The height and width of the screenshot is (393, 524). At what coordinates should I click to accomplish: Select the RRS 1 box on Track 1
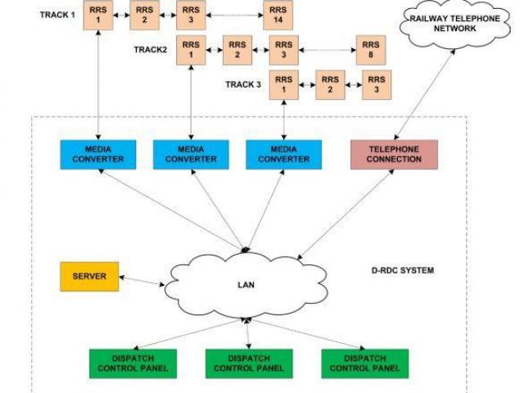[x=98, y=16]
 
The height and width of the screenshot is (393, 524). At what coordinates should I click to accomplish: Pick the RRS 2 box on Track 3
[x=330, y=84]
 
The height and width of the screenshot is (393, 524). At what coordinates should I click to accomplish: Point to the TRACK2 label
[x=150, y=49]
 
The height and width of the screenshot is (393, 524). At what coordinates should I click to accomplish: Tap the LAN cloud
[x=242, y=284]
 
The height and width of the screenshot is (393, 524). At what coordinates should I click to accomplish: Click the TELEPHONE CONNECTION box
[x=394, y=153]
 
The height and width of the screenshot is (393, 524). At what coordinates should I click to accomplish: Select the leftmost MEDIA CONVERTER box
[x=98, y=153]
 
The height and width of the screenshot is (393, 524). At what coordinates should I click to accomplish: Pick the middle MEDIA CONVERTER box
[x=191, y=153]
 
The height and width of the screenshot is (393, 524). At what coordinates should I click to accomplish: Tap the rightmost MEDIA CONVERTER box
[x=284, y=153]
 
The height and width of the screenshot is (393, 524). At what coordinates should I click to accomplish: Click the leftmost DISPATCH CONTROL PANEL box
[x=133, y=363]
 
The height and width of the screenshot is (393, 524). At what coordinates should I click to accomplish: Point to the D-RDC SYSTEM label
[x=402, y=270]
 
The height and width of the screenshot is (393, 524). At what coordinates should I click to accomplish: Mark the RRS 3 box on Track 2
[x=283, y=49]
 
